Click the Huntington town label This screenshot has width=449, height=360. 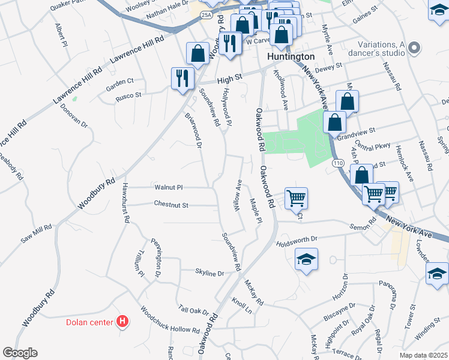point(290,56)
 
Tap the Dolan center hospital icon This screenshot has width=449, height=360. point(122,322)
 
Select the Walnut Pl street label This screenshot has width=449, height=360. point(169,187)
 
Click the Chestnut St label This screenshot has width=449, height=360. point(171,205)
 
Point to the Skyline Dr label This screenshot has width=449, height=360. point(209,273)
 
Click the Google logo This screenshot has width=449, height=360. point(20,353)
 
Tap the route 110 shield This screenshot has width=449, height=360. point(338,163)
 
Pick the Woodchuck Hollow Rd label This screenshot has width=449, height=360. point(170,321)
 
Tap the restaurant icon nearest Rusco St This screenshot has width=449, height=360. point(181,77)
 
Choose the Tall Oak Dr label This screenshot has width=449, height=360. point(193,310)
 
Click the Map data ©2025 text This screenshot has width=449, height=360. point(423,355)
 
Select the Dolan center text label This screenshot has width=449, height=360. point(89,322)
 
